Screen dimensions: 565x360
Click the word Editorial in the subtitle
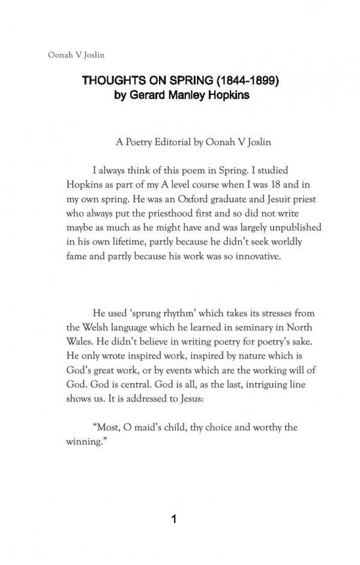coord(185,143)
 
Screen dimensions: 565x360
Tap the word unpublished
coord(290,228)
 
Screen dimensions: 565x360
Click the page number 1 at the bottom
coord(175,520)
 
